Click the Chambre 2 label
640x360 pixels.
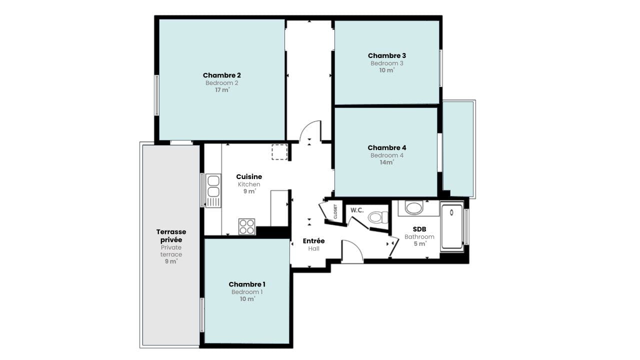[221, 75]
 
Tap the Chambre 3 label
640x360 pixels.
[387, 55]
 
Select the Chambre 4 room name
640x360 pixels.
[387, 147]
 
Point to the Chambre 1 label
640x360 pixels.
[247, 284]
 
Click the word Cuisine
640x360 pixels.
[249, 176]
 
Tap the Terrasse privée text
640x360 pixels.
[171, 235]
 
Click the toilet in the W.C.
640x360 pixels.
[377, 217]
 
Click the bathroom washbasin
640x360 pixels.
[414, 207]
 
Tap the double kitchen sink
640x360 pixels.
[213, 190]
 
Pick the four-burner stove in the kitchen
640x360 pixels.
[247, 226]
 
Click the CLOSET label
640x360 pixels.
[335, 211]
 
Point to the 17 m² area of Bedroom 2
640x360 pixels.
[222, 90]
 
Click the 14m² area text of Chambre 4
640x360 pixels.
[387, 162]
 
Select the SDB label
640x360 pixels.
[419, 229]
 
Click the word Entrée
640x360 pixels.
[313, 241]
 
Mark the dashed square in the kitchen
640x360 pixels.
[279, 152]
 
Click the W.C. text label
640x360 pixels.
[357, 210]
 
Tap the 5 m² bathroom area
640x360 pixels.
[420, 243]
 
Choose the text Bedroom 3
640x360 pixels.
[387, 63]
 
